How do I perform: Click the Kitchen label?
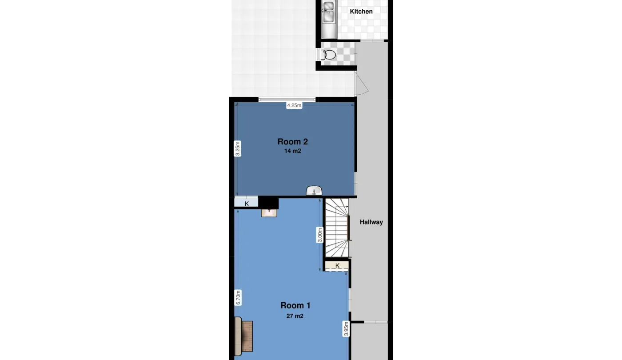(x=361, y=12)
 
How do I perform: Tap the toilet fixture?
(x=328, y=54)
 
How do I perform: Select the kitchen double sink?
(x=329, y=12)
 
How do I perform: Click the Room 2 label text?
(x=293, y=142)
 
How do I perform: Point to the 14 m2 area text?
(x=293, y=151)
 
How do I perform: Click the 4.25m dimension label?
(x=294, y=105)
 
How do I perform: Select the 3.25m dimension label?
(x=237, y=148)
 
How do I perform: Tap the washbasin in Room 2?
(x=314, y=191)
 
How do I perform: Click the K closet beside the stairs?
(x=337, y=265)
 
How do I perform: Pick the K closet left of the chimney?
(x=246, y=202)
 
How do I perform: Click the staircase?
(x=337, y=228)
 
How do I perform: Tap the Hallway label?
(x=371, y=222)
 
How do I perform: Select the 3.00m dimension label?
(x=319, y=235)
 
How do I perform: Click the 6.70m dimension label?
(x=238, y=297)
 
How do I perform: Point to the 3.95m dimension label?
(x=346, y=329)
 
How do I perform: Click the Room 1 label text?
(x=295, y=306)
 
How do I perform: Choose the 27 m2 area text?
(x=295, y=316)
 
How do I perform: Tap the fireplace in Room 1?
(x=243, y=336)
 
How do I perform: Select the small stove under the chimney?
(x=269, y=212)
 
